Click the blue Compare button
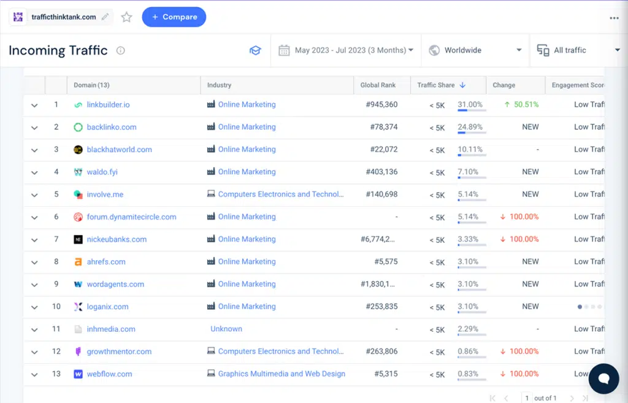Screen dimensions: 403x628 [174, 17]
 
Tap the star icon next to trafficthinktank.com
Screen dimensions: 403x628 [126, 17]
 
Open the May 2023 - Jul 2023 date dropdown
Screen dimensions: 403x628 [347, 50]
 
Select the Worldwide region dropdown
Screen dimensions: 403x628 [475, 50]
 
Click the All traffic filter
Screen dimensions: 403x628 [578, 50]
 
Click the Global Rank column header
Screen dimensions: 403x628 [378, 85]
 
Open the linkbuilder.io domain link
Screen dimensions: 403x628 [108, 105]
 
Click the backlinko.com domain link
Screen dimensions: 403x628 [111, 127]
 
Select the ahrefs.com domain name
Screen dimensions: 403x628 [105, 262]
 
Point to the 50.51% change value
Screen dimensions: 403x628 [526, 105]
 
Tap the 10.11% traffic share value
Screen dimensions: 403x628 [470, 150]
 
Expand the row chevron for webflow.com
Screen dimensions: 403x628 [34, 374]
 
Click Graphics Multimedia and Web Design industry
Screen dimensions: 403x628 [281, 374]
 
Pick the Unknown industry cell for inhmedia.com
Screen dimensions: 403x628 [226, 329]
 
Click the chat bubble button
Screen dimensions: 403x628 [603, 378]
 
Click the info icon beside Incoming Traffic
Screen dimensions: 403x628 [120, 51]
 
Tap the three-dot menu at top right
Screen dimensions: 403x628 [614, 18]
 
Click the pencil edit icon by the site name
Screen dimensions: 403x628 [105, 17]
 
